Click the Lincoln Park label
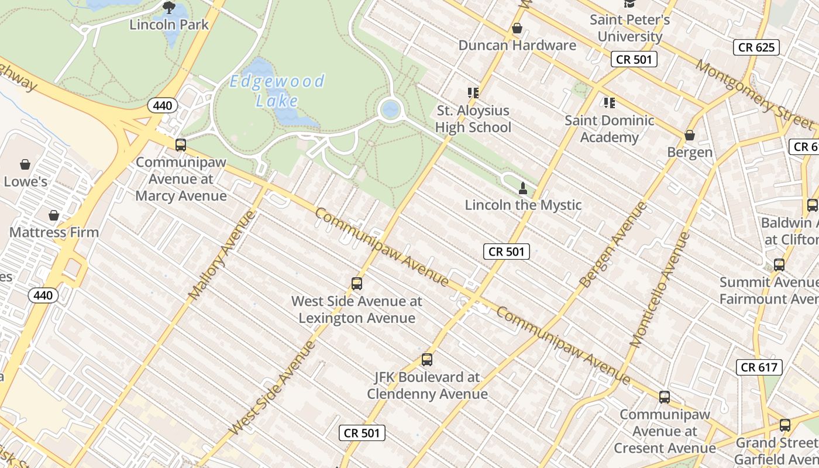(x=169, y=25)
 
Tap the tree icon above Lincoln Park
(x=169, y=8)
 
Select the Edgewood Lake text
(x=277, y=91)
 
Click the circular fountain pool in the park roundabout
(x=390, y=109)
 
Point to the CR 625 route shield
(x=756, y=47)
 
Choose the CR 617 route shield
(x=759, y=367)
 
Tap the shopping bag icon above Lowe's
(x=25, y=164)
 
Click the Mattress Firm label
(x=54, y=232)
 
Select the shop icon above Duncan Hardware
(x=517, y=28)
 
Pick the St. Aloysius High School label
(x=473, y=119)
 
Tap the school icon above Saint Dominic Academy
(x=610, y=103)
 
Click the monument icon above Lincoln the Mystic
(x=523, y=188)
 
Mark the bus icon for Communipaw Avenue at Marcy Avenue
(x=181, y=144)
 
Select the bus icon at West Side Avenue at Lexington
(x=357, y=284)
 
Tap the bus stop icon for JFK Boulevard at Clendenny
(x=427, y=360)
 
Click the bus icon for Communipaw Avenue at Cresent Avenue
(x=665, y=397)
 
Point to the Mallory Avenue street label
(x=223, y=255)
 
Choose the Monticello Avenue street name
(x=660, y=290)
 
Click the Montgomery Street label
(x=754, y=94)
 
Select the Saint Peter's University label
(x=629, y=28)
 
